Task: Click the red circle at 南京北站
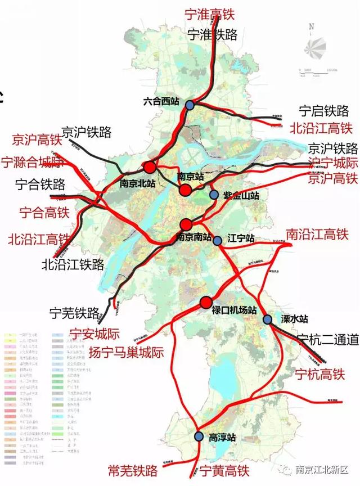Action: pyautogui.click(x=149, y=167)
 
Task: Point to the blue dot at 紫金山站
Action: pyautogui.click(x=214, y=195)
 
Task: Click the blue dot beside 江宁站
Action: pyautogui.click(x=218, y=240)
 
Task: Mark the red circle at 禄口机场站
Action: pyautogui.click(x=206, y=303)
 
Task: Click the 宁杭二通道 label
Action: pyautogui.click(x=328, y=339)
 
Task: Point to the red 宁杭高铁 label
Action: pyautogui.click(x=319, y=373)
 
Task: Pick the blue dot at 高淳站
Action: pyautogui.click(x=198, y=436)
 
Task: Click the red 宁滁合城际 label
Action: pyautogui.click(x=38, y=163)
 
